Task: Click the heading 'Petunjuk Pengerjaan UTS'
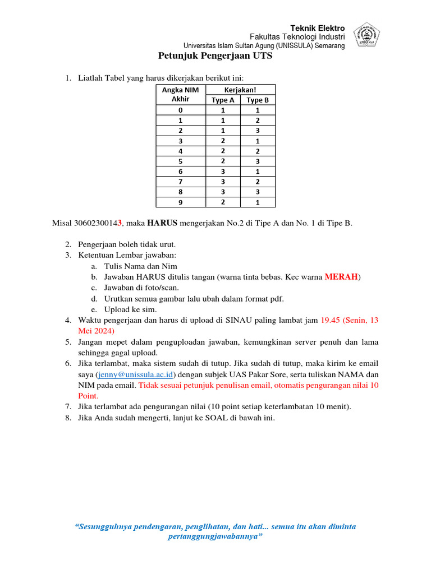point(215,56)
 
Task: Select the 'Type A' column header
point(223,100)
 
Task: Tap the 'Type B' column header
point(258,100)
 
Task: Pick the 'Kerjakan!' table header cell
point(240,90)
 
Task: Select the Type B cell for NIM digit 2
point(258,131)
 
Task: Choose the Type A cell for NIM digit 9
point(223,202)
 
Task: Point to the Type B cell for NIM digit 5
point(258,161)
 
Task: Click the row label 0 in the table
point(180,110)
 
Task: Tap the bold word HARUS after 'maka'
point(162,223)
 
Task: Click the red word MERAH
point(341,277)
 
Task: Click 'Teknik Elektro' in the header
point(317,29)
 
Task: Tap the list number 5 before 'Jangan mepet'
point(67,342)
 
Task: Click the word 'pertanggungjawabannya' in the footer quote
point(213,536)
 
